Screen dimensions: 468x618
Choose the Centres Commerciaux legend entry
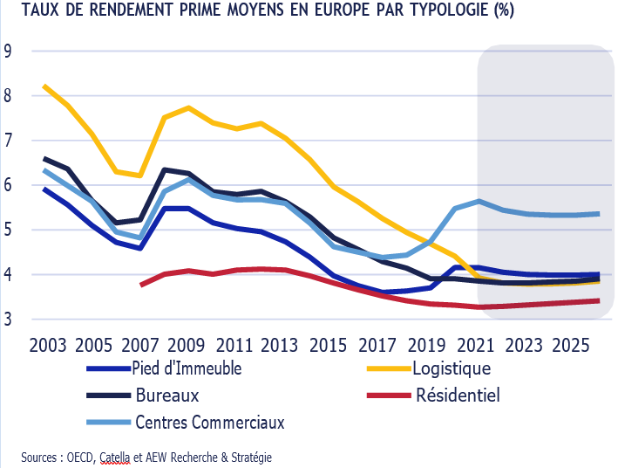tap(210, 423)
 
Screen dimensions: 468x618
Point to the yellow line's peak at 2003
tap(44, 86)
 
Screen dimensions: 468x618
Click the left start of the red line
tap(141, 285)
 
